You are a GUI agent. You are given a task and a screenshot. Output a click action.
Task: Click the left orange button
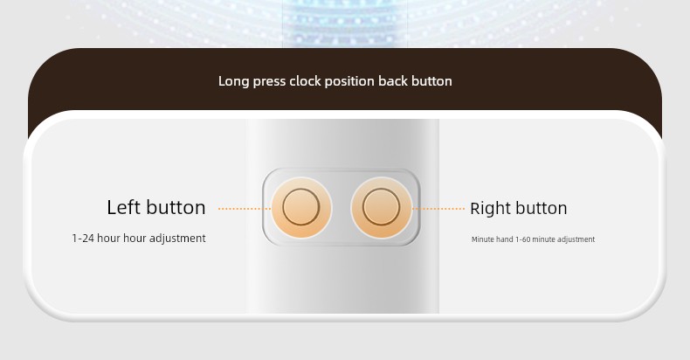[301, 207]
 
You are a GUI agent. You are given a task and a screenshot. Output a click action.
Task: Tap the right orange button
[381, 207]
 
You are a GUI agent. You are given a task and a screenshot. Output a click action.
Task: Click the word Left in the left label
[123, 207]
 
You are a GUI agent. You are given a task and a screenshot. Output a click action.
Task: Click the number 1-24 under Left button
[82, 238]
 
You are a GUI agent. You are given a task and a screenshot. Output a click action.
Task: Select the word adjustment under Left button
[177, 238]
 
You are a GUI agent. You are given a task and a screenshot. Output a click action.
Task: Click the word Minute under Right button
[481, 239]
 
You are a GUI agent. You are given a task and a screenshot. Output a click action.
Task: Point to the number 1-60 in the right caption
[523, 239]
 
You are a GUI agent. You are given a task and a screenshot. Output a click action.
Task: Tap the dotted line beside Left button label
[245, 209]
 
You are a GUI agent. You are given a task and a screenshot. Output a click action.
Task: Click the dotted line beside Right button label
[438, 209]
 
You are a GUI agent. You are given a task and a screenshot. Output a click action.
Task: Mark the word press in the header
[269, 82]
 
